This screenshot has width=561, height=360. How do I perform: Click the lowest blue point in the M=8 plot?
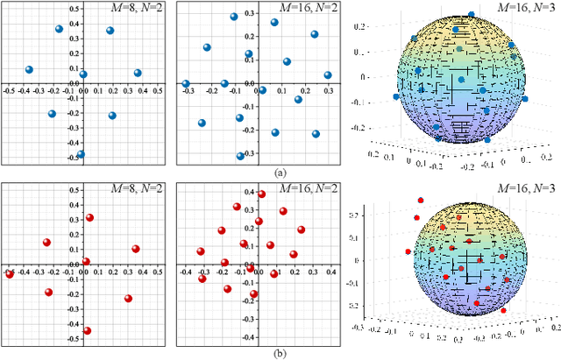[81, 154]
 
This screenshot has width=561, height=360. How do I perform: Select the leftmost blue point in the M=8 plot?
[29, 69]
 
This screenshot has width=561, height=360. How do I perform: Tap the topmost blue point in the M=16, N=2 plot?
[234, 17]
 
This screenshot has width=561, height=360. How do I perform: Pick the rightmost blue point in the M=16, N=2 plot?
[328, 75]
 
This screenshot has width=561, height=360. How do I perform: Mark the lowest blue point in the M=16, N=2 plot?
[240, 156]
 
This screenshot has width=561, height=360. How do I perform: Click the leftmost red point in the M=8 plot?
[10, 274]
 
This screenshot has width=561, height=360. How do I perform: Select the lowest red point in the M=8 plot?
[87, 331]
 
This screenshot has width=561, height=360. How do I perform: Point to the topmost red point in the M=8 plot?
[89, 218]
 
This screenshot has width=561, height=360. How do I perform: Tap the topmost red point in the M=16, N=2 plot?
[260, 194]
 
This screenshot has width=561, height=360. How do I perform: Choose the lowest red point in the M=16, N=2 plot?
[254, 295]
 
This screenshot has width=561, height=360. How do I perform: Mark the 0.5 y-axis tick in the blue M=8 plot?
[75, 8]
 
